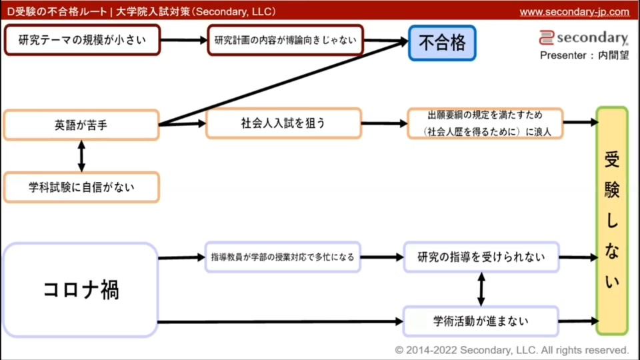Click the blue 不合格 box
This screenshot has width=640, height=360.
tap(442, 43)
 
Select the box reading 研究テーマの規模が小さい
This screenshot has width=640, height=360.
tap(82, 40)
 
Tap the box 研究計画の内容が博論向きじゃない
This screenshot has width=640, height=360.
tap(285, 40)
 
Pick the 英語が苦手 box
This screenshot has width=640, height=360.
tap(81, 125)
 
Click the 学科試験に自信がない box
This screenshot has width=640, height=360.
tap(81, 187)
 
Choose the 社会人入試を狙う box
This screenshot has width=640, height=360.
tap(283, 123)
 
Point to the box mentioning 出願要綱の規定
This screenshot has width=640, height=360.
tap(485, 123)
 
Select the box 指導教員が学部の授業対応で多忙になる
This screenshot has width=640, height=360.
tap(283, 257)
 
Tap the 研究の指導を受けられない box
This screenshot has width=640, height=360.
tap(481, 257)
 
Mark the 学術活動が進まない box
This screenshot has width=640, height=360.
tap(481, 321)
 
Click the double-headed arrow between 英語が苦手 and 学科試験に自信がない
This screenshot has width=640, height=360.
tap(81, 156)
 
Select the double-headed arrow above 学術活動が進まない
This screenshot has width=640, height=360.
tap(481, 289)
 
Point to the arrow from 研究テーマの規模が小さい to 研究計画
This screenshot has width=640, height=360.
tap(184, 40)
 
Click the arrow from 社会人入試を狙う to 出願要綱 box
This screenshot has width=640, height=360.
tap(384, 123)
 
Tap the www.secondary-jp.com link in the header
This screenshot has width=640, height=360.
tap(574, 11)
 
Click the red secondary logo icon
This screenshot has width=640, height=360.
tap(547, 38)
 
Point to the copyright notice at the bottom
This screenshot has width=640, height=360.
tap(511, 349)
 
